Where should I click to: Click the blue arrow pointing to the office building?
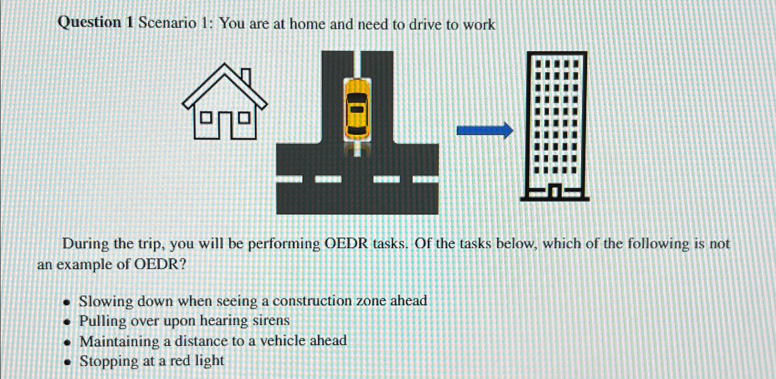click(485, 131)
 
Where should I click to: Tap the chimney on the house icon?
click(246, 77)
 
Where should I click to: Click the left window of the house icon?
click(206, 118)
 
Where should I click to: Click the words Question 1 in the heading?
click(95, 22)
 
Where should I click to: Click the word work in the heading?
click(479, 25)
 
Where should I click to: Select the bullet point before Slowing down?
click(68, 302)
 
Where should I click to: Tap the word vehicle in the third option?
click(282, 341)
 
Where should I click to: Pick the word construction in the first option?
click(312, 301)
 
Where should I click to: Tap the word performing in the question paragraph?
click(284, 244)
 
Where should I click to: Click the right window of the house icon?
click(245, 118)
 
